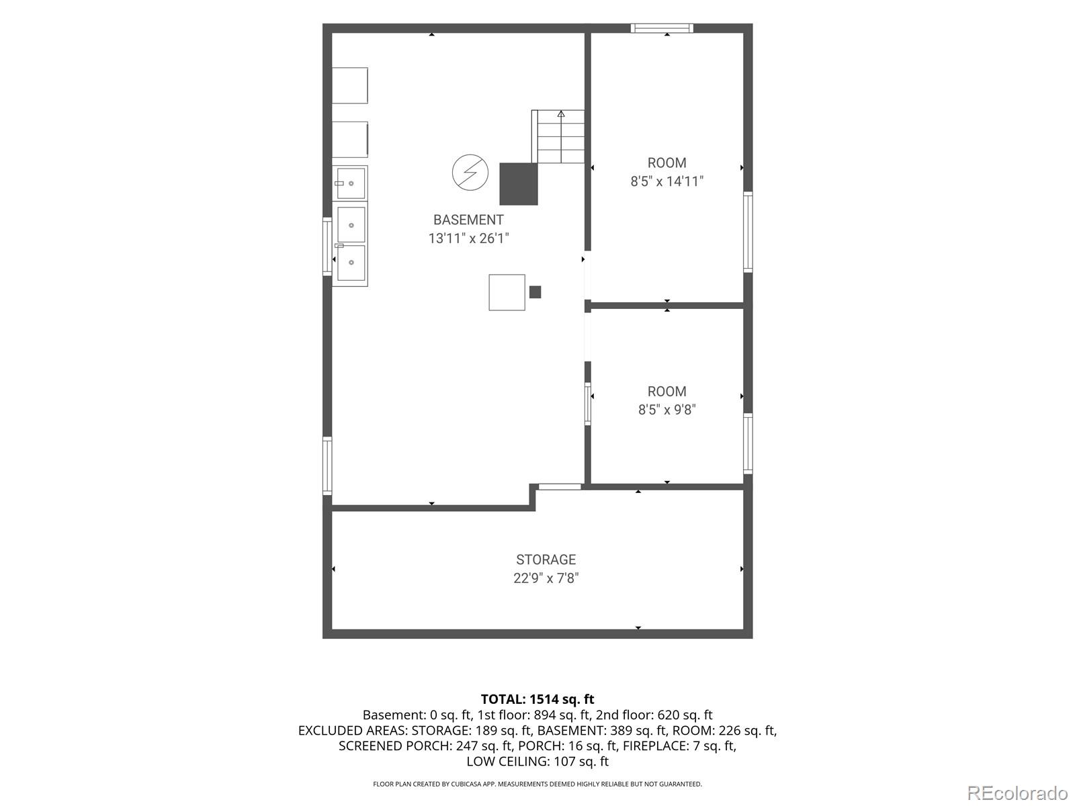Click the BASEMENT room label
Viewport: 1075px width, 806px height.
(468, 220)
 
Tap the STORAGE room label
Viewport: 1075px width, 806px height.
(546, 559)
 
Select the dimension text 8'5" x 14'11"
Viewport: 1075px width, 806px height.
(666, 181)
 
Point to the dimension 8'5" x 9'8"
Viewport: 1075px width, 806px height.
(666, 410)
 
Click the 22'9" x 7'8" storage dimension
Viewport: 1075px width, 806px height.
(546, 578)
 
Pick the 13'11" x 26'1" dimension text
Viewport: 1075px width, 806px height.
(469, 238)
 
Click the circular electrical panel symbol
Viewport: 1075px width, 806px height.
(470, 172)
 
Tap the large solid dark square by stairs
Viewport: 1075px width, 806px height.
(519, 184)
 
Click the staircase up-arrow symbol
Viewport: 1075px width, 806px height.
(561, 114)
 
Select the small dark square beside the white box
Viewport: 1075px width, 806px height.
(535, 292)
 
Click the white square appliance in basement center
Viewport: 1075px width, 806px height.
(507, 292)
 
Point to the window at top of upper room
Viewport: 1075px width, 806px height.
(662, 28)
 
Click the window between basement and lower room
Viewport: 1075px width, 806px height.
(588, 404)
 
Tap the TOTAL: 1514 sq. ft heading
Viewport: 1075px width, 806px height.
(537, 699)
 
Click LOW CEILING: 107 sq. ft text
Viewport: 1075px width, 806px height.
(537, 762)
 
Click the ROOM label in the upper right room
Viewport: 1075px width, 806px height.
(666, 163)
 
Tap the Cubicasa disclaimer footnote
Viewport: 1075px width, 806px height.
(537, 784)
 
